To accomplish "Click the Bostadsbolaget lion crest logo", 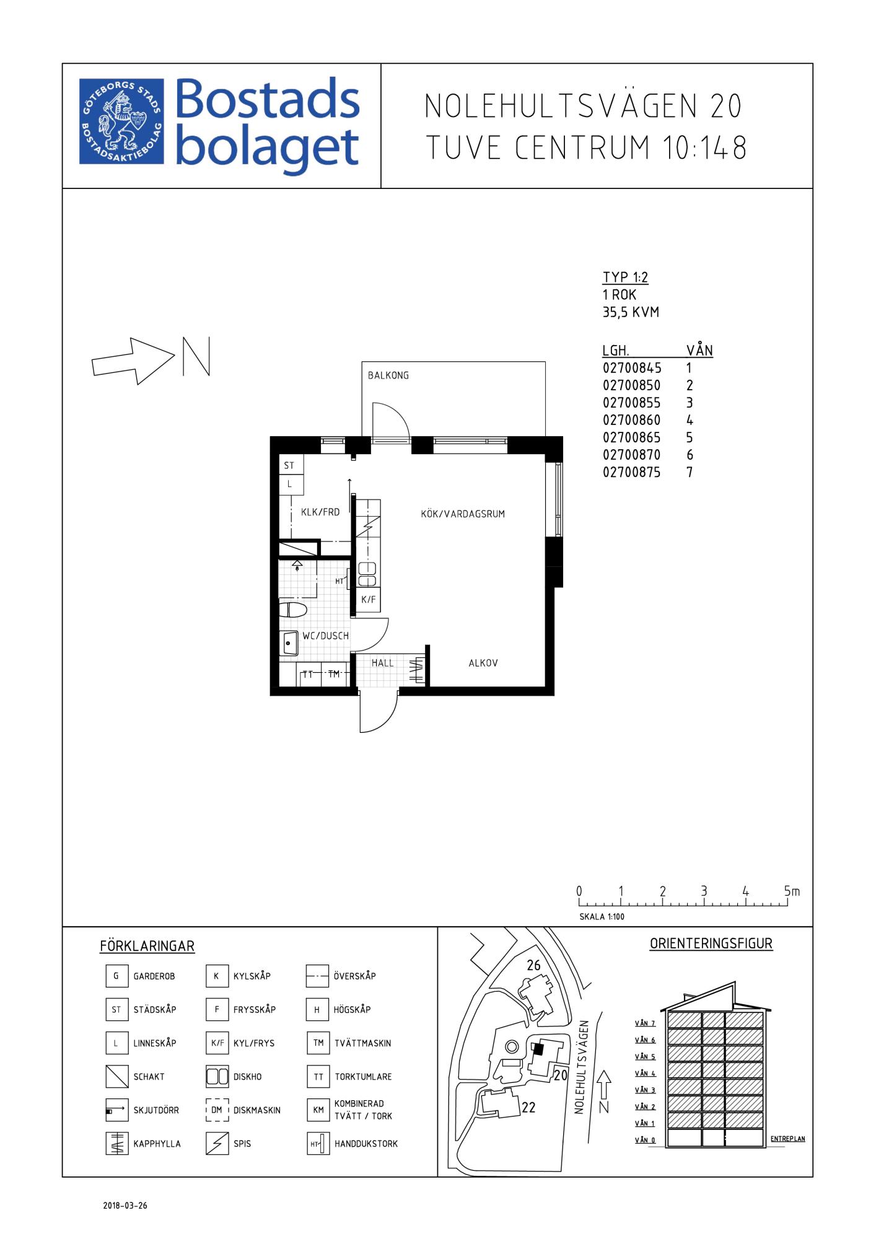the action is (122, 121).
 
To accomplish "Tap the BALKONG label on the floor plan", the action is (388, 375).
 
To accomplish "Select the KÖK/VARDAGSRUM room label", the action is (463, 514).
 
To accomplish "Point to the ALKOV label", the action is (483, 663).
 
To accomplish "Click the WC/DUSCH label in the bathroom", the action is (325, 636).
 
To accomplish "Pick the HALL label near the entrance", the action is (383, 663).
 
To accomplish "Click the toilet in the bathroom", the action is (293, 610).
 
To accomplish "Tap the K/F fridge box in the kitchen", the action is (369, 600).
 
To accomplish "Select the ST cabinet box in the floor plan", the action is (291, 466).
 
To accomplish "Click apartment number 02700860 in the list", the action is (632, 420).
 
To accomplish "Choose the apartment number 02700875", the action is (632, 473).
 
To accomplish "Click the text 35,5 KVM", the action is (631, 312).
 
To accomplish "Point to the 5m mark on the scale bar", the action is (792, 891).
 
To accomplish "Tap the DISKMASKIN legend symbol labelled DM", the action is (217, 1110).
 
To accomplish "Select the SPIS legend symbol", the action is (217, 1144).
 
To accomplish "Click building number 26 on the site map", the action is (533, 965).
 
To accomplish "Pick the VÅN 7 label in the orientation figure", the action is (645, 1023).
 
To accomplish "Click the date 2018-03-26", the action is (125, 1206).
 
